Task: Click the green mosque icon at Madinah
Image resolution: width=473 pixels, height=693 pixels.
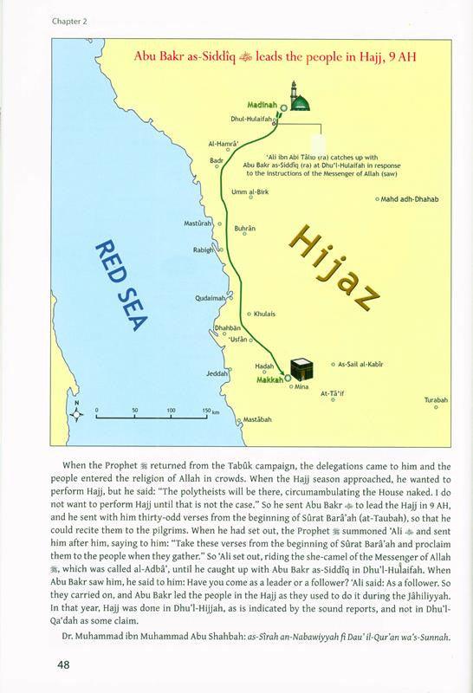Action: coord(299,100)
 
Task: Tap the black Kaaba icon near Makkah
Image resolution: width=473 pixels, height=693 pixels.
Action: coord(301,366)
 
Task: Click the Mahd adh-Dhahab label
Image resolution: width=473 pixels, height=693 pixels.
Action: coord(410,198)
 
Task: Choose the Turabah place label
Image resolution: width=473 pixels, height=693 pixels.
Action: coord(436,399)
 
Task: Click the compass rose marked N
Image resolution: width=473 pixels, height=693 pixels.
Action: coord(77,413)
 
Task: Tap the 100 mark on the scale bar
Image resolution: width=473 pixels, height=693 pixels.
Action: coord(171,409)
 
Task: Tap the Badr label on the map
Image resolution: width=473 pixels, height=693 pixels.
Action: coord(217,160)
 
